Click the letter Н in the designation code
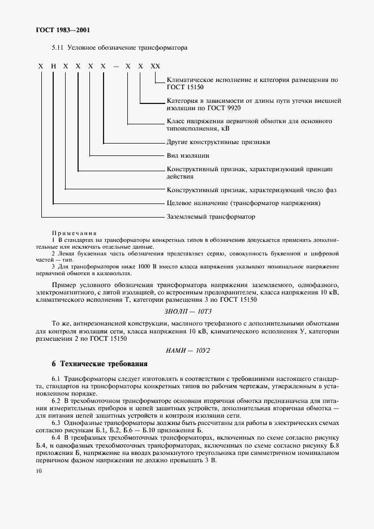[53, 66]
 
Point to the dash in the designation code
[116, 66]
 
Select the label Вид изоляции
[188, 155]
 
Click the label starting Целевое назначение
[244, 202]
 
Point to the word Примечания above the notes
[74, 233]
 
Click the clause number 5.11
[58, 48]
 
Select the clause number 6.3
[57, 422]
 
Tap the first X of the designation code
[41, 66]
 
